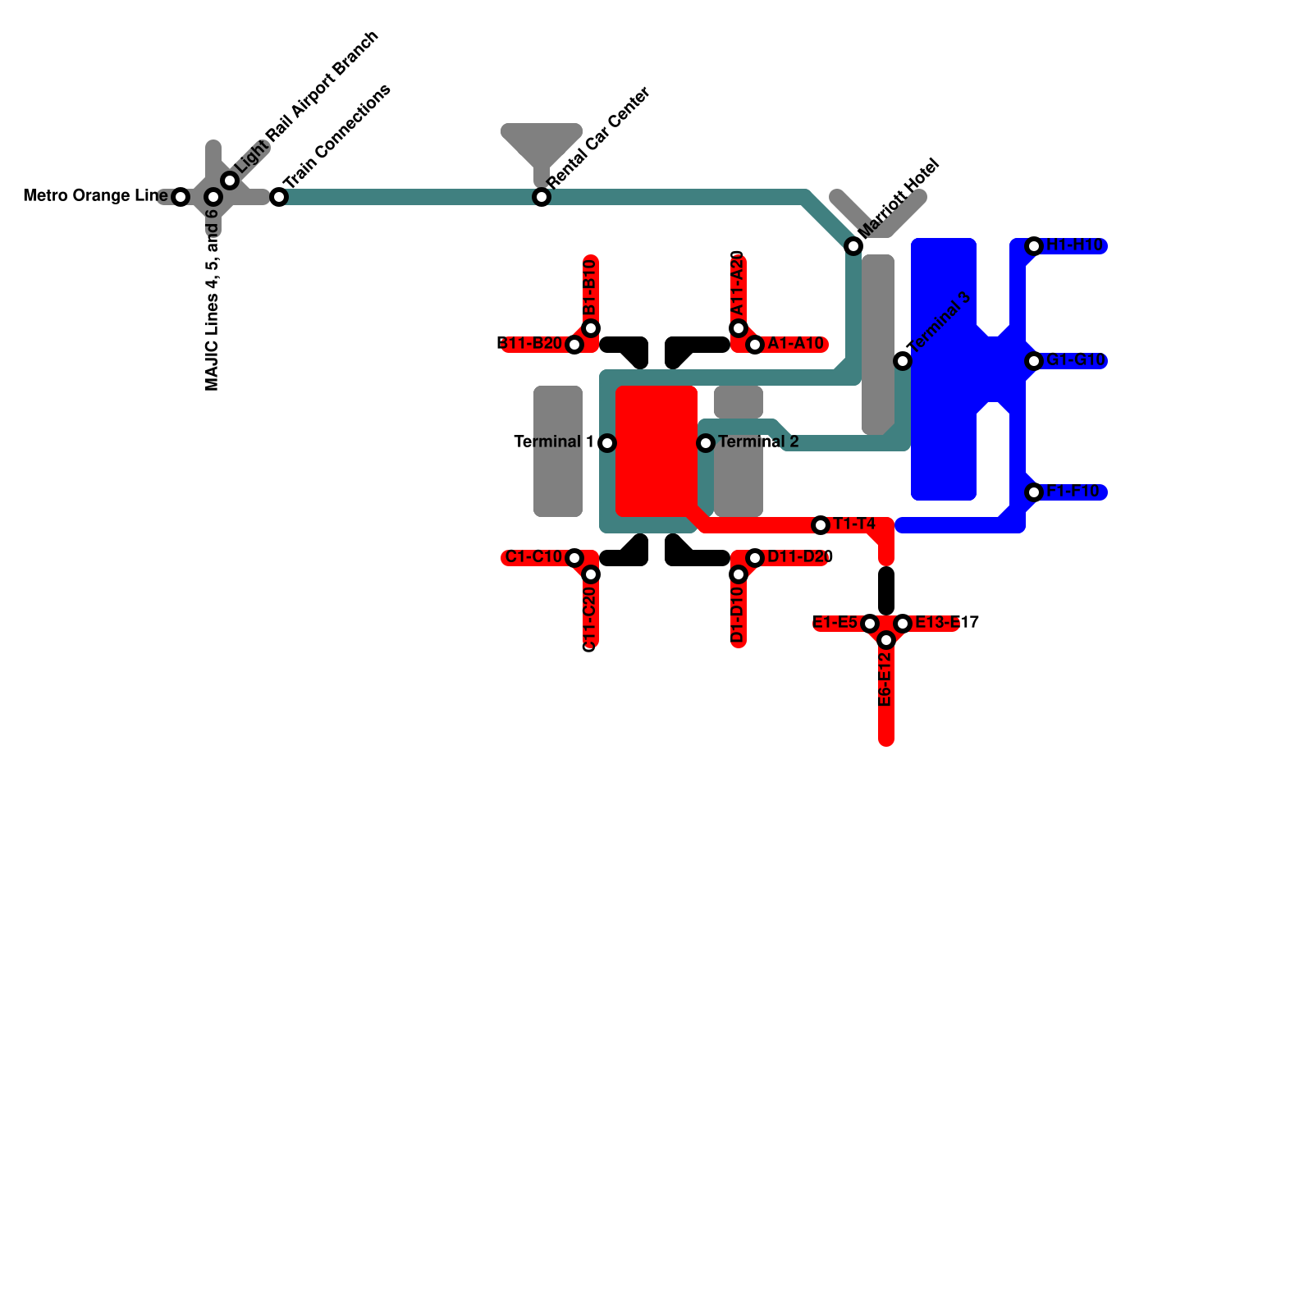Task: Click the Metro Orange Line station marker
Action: click(181, 197)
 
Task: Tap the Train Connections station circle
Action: click(279, 197)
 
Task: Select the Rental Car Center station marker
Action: click(542, 197)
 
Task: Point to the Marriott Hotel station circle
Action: click(853, 246)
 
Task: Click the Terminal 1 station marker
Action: click(607, 443)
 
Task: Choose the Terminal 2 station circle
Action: click(706, 443)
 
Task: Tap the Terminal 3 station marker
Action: click(903, 361)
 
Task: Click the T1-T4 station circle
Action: click(821, 525)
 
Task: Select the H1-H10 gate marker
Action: click(1034, 246)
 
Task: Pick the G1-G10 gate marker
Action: click(1034, 361)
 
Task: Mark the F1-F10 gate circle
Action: click(1034, 492)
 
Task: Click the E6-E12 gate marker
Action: click(886, 640)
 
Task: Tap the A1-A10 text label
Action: click(795, 344)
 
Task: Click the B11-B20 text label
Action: click(530, 343)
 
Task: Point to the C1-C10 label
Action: click(533, 557)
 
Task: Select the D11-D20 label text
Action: click(800, 557)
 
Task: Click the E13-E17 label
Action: click(946, 623)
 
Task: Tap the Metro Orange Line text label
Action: click(95, 196)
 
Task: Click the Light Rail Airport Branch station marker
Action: click(231, 181)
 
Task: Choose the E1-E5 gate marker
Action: click(870, 624)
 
